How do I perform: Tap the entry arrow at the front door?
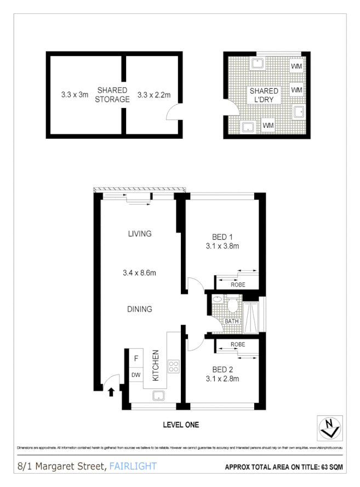[111, 392]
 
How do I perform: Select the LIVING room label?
[140, 234]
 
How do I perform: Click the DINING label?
[140, 309]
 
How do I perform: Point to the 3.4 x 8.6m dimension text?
[140, 272]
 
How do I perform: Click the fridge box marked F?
[136, 358]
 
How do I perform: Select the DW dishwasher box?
[136, 375]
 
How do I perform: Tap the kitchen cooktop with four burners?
[174, 366]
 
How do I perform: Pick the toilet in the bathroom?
[234, 303]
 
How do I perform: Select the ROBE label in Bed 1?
[238, 285]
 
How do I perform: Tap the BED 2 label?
[222, 369]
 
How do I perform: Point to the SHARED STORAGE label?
[112, 94]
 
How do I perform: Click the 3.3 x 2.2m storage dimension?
[154, 94]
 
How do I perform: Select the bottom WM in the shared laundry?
[268, 126]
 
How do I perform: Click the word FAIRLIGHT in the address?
[133, 467]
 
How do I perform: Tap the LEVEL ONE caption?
[181, 424]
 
